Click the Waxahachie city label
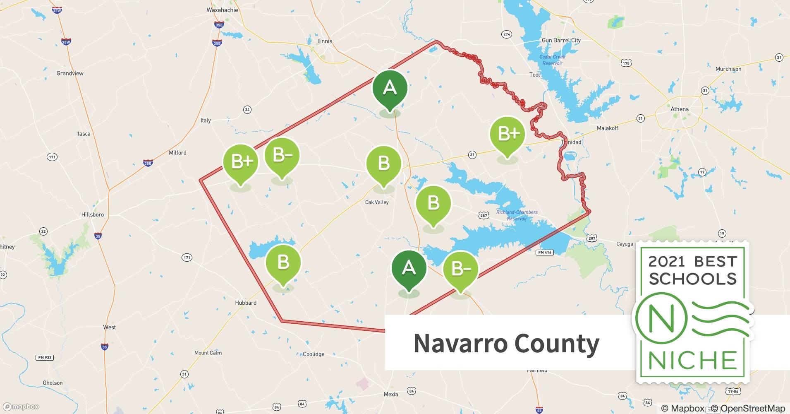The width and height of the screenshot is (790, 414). pos(222,10)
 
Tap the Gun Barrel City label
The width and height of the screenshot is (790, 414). pos(561,40)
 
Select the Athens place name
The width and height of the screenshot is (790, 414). pos(679,109)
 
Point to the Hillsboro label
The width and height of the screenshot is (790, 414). pos(93,214)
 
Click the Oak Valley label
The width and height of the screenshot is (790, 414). pos(376,202)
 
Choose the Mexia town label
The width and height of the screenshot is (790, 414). pos(390,394)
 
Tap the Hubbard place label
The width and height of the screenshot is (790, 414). pos(246,303)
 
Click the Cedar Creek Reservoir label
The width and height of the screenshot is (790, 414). pos(552,60)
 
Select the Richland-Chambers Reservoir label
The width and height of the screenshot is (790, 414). pos(517,215)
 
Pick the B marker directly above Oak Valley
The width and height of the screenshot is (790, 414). pos(383,164)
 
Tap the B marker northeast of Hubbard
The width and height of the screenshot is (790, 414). pos(283,262)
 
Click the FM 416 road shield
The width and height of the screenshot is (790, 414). pos(544,253)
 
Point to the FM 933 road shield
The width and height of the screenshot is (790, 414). pos(45,357)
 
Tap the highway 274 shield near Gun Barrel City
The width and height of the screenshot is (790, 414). pos(506,34)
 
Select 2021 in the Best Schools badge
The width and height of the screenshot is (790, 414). pos(666,262)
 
